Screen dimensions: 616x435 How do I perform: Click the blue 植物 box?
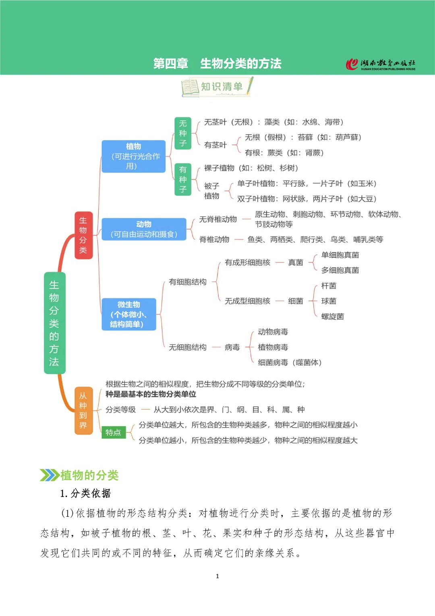click(x=133, y=156)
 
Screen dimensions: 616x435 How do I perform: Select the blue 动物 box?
click(x=144, y=229)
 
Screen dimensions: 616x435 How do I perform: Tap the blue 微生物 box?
click(x=128, y=314)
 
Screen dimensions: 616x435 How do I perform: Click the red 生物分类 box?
click(x=83, y=235)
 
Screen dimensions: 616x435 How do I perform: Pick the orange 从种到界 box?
click(x=83, y=410)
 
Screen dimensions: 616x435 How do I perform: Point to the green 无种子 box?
click(x=183, y=133)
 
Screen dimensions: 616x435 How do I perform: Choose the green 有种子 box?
click(x=183, y=180)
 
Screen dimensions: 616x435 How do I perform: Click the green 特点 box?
click(x=113, y=432)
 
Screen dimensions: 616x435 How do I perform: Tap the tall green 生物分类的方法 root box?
click(x=54, y=323)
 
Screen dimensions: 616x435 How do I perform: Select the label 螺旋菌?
click(x=332, y=317)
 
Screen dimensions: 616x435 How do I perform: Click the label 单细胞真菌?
click(x=340, y=255)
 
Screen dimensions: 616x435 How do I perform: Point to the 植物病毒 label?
click(x=273, y=347)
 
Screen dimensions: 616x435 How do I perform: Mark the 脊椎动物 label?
click(x=214, y=240)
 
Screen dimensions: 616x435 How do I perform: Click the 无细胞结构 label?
click(x=188, y=347)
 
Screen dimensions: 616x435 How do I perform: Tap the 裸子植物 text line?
click(x=251, y=168)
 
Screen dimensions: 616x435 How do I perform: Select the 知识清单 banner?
click(x=217, y=87)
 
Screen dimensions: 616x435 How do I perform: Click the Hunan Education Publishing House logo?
click(x=381, y=64)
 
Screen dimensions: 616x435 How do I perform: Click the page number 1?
click(x=217, y=576)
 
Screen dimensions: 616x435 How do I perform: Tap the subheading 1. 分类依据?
click(x=85, y=493)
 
